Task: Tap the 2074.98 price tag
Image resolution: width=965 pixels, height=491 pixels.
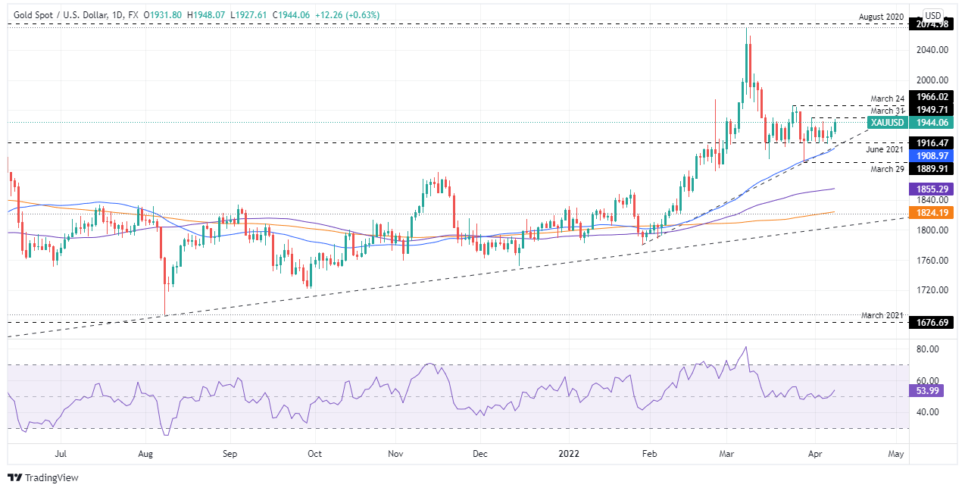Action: coord(932,24)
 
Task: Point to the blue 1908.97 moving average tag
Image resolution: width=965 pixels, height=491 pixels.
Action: coord(932,155)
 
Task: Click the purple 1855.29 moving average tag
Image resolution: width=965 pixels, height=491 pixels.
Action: coord(932,189)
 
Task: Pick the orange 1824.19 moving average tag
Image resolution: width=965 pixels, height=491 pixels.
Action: coord(932,213)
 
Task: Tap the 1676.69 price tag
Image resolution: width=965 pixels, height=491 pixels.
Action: coord(932,322)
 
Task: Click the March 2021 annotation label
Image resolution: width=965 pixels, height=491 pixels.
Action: coord(883,314)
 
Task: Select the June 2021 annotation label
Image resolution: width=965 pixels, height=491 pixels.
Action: coord(885,150)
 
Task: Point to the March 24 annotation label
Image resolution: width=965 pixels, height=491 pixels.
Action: coord(887,99)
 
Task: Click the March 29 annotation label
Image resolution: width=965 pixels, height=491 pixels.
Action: coord(887,168)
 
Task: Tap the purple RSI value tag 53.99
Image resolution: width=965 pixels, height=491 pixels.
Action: coord(928,391)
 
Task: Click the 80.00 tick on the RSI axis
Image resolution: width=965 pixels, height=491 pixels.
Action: coord(928,349)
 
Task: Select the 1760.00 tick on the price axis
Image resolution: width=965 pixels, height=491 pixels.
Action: coord(932,260)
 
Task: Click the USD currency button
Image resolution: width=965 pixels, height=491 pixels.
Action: coord(933,15)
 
